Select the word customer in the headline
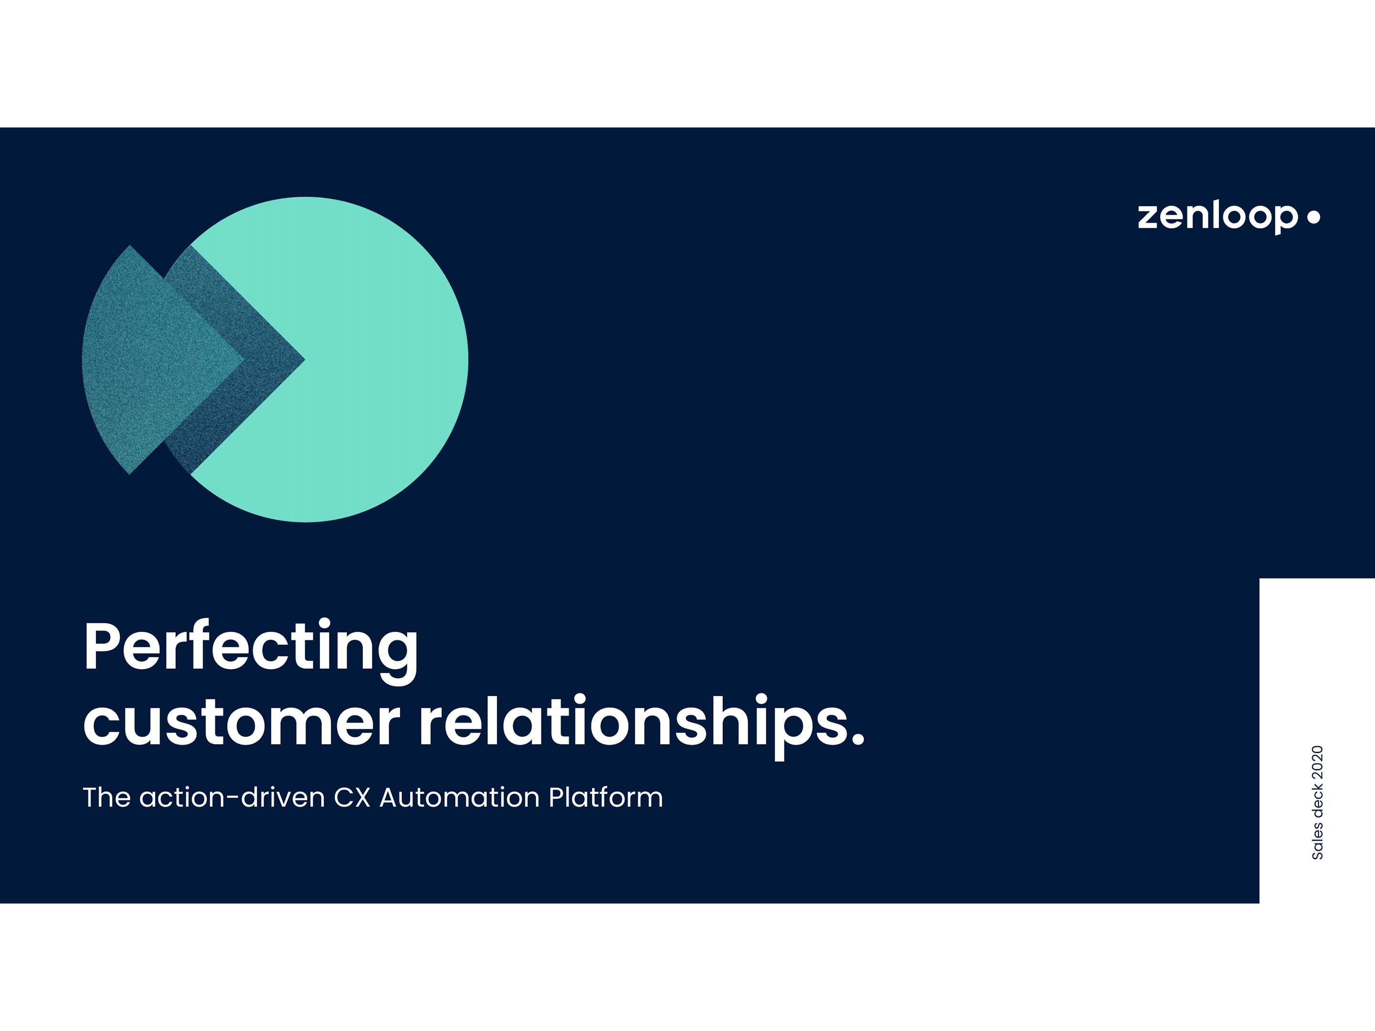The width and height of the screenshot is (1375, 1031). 242,722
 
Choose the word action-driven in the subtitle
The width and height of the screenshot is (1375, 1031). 233,797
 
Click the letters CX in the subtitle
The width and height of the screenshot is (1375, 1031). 352,797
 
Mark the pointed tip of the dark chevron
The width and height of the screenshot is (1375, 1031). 304,359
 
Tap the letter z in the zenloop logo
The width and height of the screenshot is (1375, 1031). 1149,218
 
